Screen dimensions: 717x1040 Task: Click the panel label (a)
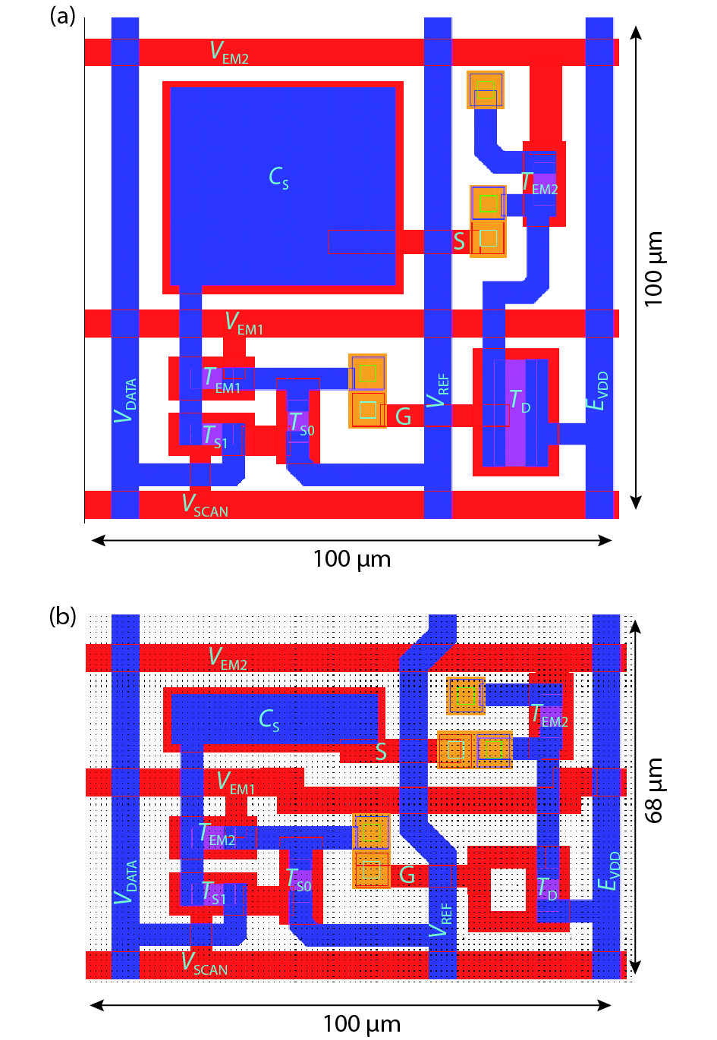point(62,17)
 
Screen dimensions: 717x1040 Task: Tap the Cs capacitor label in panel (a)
point(278,178)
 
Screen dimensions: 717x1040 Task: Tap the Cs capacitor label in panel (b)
point(269,721)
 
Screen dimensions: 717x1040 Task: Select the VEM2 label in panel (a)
point(229,52)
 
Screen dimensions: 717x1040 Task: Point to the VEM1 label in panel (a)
point(244,324)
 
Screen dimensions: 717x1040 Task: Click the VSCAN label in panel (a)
point(205,505)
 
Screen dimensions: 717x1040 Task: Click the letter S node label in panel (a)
point(459,241)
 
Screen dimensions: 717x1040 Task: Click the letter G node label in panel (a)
point(403,416)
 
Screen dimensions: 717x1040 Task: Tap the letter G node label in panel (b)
point(407,875)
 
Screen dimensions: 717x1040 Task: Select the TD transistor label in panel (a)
point(520,401)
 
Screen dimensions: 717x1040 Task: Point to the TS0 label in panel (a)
point(301,425)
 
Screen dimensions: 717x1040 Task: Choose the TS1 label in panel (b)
point(214,893)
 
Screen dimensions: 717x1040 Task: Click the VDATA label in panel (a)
point(125,401)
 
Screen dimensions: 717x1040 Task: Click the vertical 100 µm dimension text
point(653,269)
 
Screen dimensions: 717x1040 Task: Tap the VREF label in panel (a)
point(438,391)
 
